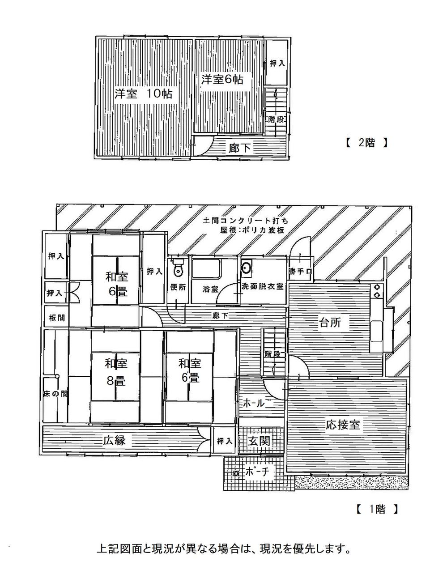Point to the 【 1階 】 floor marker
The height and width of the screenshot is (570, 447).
pos(377,509)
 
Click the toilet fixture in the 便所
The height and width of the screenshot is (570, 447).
pos(178,267)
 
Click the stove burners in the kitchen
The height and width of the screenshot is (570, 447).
pos(377,291)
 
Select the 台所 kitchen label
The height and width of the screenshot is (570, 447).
pos(330,323)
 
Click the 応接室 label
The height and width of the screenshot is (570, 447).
pos(343,425)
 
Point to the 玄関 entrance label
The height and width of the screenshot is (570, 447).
pos(259,441)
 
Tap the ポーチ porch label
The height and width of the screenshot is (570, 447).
pos(257,472)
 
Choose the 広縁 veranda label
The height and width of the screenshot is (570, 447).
pos(114,440)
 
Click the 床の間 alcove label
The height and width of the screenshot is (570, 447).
pos(55,394)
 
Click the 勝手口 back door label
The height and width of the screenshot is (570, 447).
pos(300,272)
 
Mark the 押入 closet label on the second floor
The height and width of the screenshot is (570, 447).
pos(277,64)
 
